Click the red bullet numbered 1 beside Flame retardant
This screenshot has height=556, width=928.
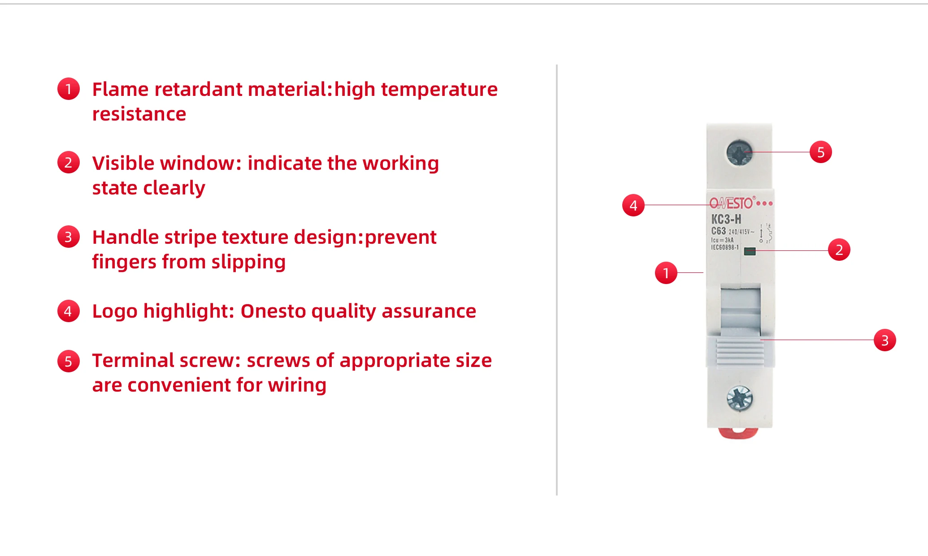point(68,89)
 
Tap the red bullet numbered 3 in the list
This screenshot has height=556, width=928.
point(68,237)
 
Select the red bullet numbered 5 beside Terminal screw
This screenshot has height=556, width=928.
point(68,361)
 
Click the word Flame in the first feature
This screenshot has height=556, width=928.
point(120,89)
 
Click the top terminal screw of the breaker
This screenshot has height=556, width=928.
point(739,152)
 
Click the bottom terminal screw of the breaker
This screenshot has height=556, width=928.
point(739,398)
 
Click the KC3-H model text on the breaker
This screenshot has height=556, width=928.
point(726,219)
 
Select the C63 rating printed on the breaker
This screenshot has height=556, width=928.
point(718,231)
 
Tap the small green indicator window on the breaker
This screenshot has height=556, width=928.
point(750,251)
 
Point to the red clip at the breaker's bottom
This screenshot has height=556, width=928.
point(738,433)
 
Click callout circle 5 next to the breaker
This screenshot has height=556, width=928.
point(820,152)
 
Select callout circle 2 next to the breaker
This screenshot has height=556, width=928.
point(839,250)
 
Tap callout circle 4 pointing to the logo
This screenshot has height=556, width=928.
point(633,205)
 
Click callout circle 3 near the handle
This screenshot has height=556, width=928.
point(885,340)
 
